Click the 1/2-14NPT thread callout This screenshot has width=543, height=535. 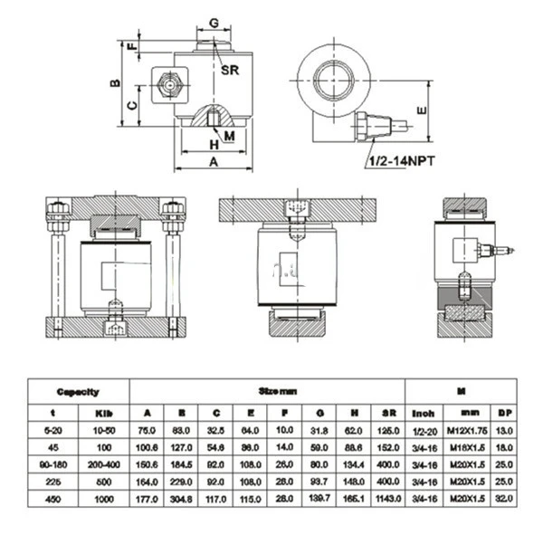coord(401,161)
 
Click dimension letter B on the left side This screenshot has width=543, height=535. coord(114,82)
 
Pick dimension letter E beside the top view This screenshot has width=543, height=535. coord(420,110)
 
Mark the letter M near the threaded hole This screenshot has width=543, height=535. coord(229,136)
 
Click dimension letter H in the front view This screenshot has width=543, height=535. coord(214,145)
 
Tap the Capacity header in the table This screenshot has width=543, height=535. coord(78,392)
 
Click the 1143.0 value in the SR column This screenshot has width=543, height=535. coord(386,498)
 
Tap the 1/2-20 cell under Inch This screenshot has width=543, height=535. coord(420,429)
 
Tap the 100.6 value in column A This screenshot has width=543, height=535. coord(146,446)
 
